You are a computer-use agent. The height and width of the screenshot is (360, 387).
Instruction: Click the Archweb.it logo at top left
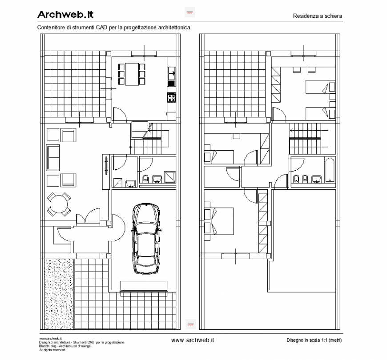[65, 15]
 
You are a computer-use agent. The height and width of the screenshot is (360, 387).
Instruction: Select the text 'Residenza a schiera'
[317, 16]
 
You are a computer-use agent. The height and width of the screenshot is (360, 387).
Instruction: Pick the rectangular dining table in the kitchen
[132, 74]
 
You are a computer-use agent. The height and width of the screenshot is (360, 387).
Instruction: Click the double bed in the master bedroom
[221, 221]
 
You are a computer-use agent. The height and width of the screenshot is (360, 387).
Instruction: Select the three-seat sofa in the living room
[53, 157]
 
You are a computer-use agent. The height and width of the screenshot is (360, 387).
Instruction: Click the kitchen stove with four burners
[172, 97]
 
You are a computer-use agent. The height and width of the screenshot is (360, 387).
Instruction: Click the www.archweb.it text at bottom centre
[193, 340]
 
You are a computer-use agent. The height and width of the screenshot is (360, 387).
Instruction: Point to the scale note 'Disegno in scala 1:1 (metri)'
[314, 340]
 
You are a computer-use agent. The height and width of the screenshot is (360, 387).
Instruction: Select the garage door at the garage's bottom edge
[144, 292]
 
